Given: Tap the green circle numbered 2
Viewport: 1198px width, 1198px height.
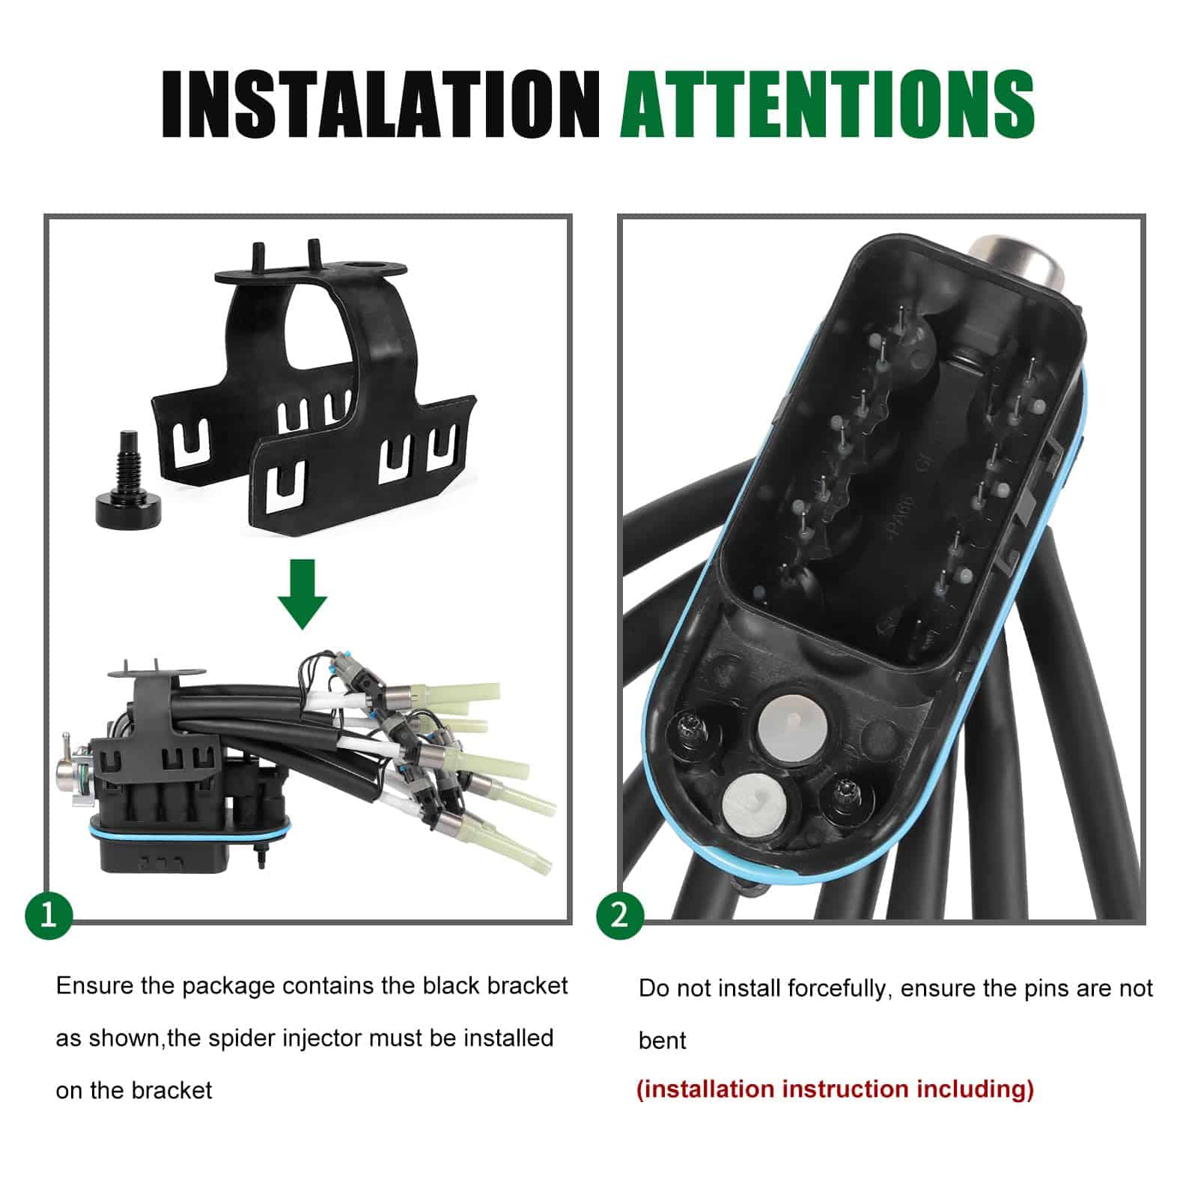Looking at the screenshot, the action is tap(620, 914).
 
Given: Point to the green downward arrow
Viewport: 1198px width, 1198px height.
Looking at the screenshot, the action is tap(302, 593).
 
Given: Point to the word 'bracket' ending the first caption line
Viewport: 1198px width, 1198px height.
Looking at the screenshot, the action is tap(527, 985).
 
